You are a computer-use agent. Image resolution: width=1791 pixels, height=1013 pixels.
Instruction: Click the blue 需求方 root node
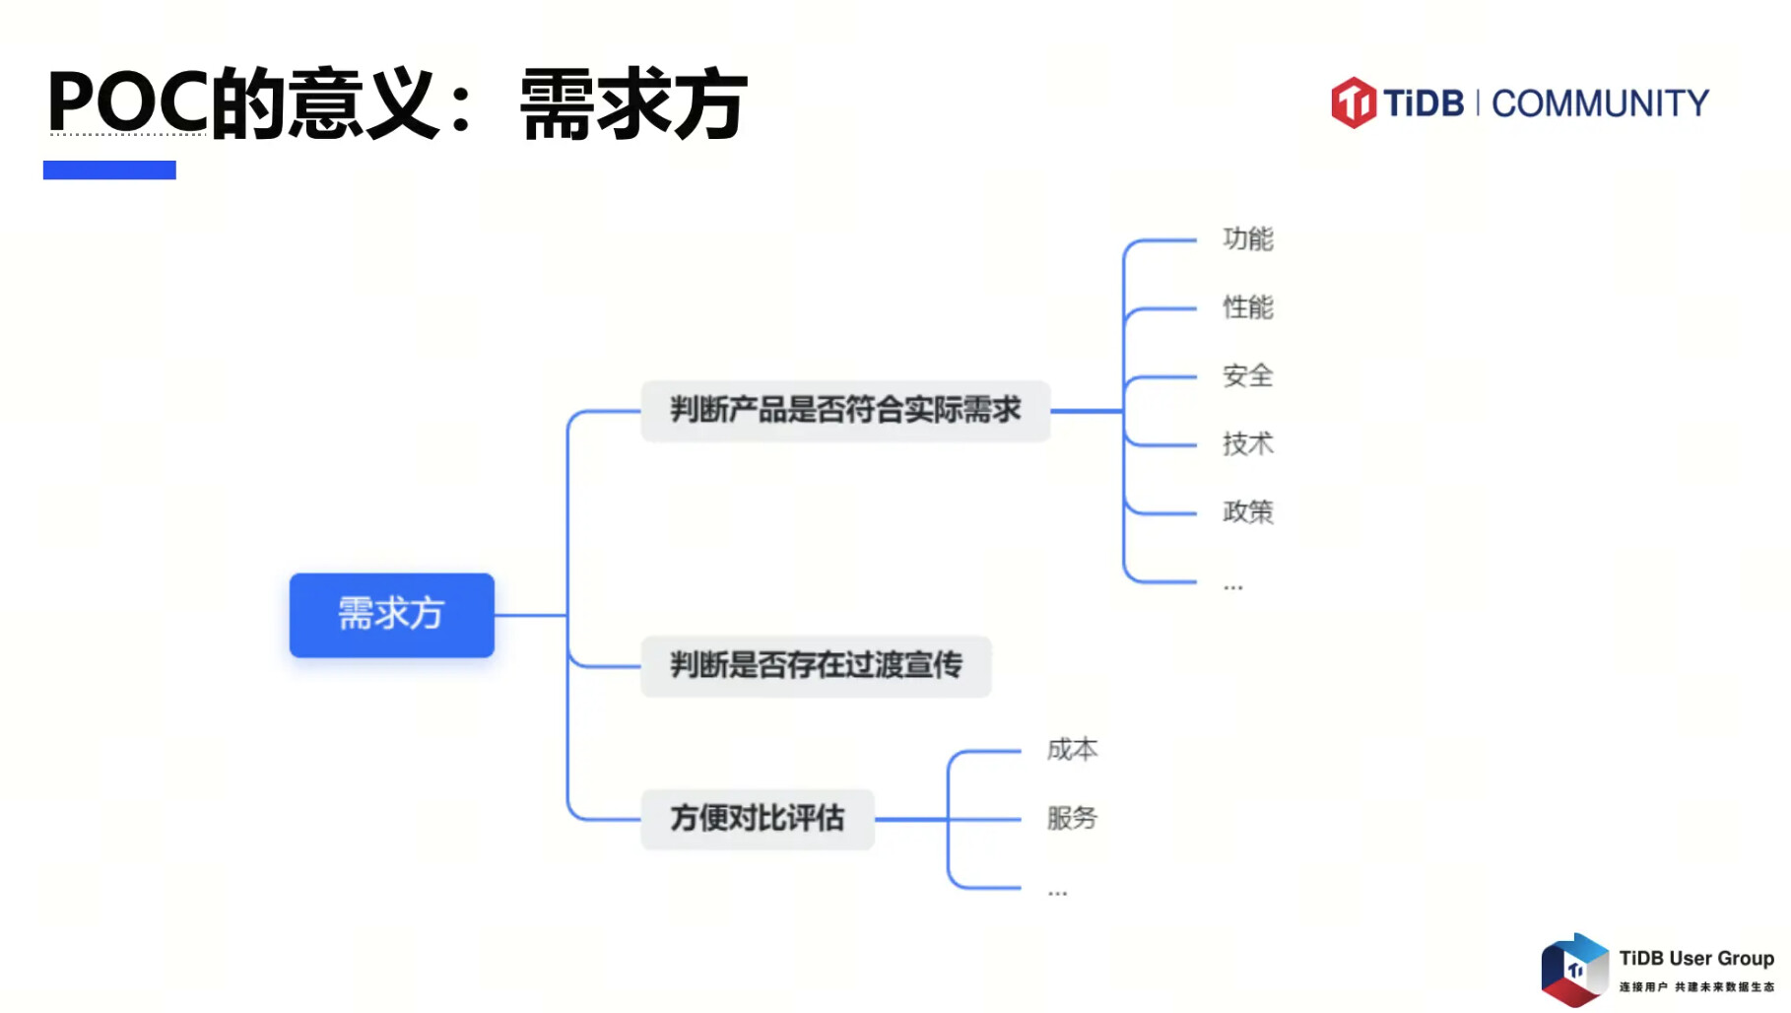(391, 615)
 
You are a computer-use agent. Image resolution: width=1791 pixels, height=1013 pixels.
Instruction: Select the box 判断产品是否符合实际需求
(844, 410)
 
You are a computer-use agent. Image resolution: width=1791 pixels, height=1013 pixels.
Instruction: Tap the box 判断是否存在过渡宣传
(815, 666)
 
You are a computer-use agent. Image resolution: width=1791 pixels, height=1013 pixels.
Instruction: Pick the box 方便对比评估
(757, 819)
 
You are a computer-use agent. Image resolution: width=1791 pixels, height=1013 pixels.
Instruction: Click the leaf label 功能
(1247, 239)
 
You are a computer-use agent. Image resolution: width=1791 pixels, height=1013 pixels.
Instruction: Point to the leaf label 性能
(1247, 307)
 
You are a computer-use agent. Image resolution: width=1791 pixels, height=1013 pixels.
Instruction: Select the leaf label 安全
(1247, 375)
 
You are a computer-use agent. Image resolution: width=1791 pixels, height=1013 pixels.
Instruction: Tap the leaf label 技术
(1247, 443)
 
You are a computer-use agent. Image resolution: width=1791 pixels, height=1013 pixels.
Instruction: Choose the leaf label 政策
(1247, 511)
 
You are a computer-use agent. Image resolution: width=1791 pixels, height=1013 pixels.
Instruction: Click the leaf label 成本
(1072, 750)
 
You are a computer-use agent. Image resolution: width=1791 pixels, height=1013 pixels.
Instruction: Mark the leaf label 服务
(1072, 818)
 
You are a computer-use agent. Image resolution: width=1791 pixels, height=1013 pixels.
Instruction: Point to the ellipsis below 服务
(1057, 893)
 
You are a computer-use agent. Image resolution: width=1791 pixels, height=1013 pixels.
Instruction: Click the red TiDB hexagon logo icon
(1354, 102)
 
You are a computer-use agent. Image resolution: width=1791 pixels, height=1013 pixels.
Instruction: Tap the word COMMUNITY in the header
(1600, 103)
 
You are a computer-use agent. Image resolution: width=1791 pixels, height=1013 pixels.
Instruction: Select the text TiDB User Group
(1695, 958)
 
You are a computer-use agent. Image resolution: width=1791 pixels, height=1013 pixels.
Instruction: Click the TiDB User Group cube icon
(1574, 970)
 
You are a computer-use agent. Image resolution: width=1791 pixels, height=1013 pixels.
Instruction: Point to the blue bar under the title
(109, 170)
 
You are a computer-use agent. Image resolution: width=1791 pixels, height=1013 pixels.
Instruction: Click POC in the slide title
(127, 102)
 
